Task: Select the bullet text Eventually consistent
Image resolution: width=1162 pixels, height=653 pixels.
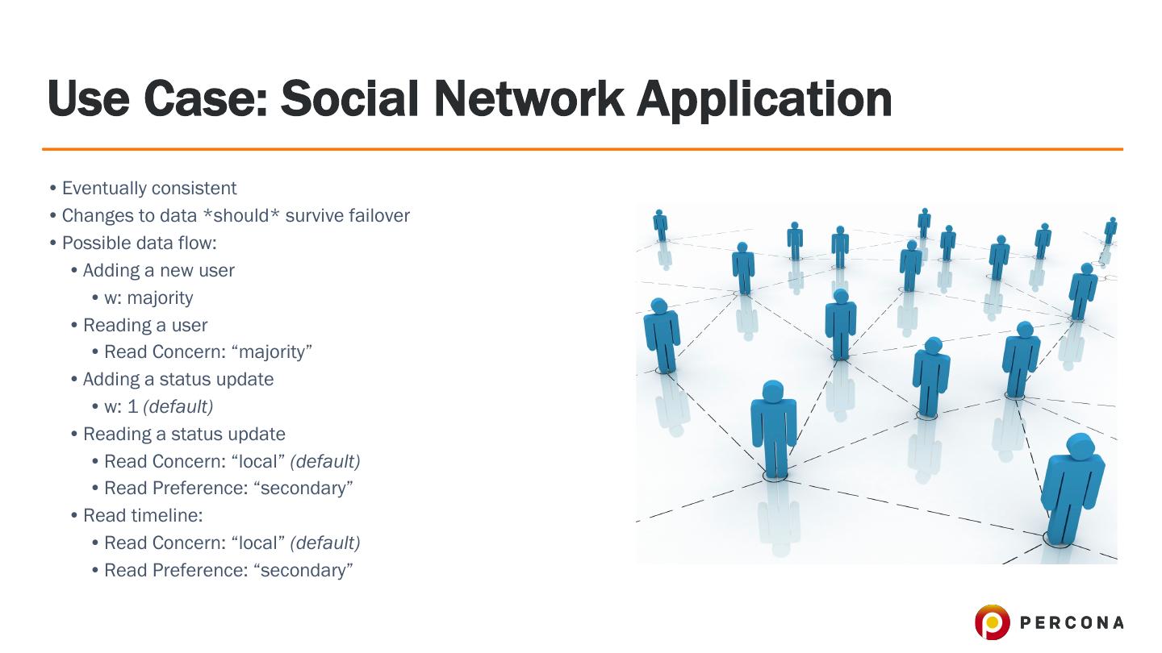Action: [x=149, y=189]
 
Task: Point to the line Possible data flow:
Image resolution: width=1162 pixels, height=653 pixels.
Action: [x=139, y=243]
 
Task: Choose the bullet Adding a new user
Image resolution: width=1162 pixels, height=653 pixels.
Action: [x=158, y=270]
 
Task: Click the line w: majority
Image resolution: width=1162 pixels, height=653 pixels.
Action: [x=148, y=297]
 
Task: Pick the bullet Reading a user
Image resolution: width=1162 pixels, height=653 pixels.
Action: [x=145, y=325]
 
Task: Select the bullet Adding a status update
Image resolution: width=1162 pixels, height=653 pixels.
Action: [x=178, y=379]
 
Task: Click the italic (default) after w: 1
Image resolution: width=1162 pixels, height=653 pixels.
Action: [x=178, y=406]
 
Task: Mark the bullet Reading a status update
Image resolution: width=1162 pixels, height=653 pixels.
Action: [x=184, y=434]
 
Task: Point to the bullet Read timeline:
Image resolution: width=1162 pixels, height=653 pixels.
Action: [x=143, y=515]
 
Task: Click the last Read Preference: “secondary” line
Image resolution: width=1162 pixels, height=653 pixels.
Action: [x=228, y=570]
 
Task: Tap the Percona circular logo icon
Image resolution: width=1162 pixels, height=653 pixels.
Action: [x=992, y=622]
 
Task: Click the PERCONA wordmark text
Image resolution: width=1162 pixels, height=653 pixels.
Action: [x=1072, y=622]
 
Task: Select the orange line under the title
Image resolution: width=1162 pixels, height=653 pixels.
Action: [x=582, y=149]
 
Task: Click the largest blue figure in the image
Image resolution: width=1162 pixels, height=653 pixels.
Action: [x=1072, y=488]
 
